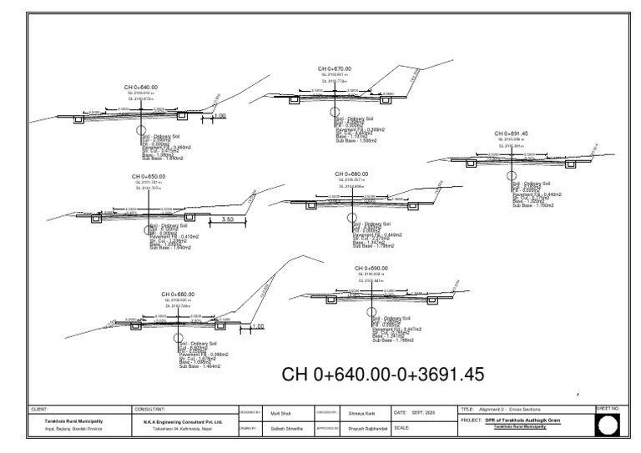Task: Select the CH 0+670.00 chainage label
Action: (x=339, y=68)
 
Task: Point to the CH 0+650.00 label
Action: (x=149, y=177)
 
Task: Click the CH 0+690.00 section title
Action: (x=371, y=268)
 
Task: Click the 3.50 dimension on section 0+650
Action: (x=227, y=219)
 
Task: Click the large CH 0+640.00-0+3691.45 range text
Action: (x=384, y=375)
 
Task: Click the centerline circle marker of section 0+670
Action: (x=335, y=110)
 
